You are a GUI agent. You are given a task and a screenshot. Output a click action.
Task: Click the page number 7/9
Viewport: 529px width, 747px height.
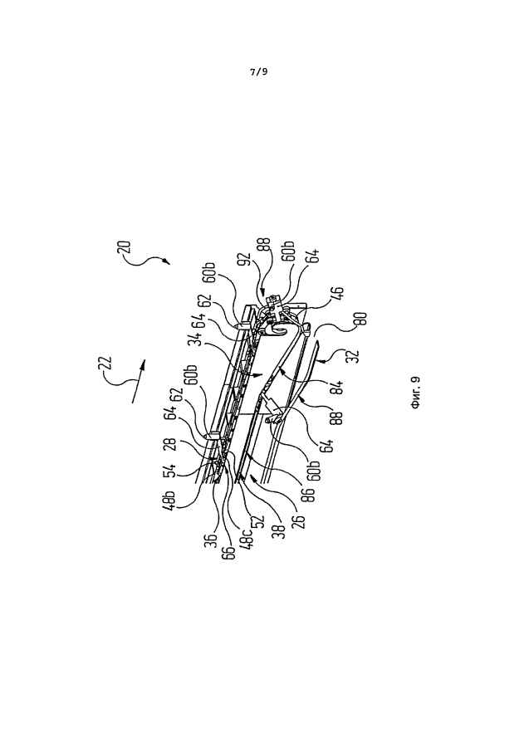pyautogui.click(x=259, y=72)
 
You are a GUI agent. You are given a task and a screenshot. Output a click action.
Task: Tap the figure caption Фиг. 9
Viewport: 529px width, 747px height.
pyautogui.click(x=415, y=393)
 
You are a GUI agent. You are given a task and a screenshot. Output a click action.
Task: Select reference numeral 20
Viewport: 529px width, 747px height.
pyautogui.click(x=124, y=250)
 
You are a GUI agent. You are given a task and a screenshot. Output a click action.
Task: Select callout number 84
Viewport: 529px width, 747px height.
pyautogui.click(x=337, y=388)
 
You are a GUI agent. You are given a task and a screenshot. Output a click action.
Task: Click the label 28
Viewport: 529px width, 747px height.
pyautogui.click(x=172, y=445)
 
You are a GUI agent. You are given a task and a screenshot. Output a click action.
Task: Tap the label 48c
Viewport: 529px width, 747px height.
pyautogui.click(x=248, y=539)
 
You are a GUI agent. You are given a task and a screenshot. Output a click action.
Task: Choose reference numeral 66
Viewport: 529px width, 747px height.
pyautogui.click(x=231, y=549)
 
